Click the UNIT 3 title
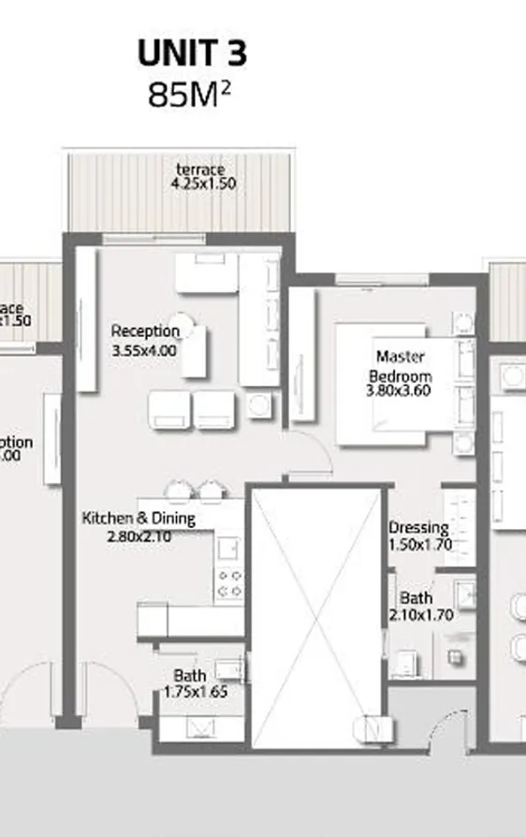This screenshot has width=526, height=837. click(x=192, y=54)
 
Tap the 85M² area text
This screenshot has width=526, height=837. click(x=189, y=95)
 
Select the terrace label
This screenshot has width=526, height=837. click(x=201, y=169)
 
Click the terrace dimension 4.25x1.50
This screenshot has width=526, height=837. click(x=203, y=184)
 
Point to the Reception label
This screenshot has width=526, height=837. click(x=145, y=330)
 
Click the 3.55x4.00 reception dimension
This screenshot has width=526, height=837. click(x=144, y=350)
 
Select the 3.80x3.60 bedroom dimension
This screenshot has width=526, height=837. click(x=399, y=391)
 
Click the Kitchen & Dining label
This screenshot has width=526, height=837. click(x=139, y=518)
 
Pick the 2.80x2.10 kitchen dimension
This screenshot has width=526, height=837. click(x=138, y=536)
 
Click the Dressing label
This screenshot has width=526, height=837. click(x=418, y=528)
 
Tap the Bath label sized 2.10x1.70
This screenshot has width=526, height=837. click(x=416, y=598)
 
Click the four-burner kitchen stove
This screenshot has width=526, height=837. click(x=230, y=583)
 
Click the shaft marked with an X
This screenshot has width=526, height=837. click(x=319, y=617)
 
